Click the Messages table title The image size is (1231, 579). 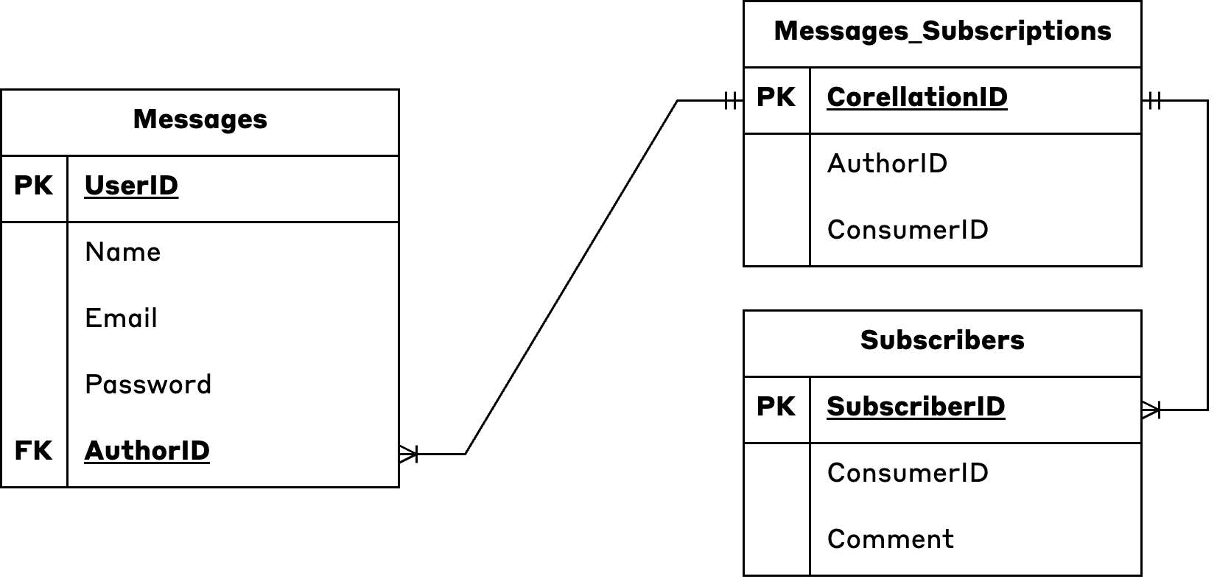pyautogui.click(x=200, y=119)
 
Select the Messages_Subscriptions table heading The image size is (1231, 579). pyautogui.click(x=942, y=31)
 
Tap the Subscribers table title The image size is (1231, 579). pyautogui.click(x=942, y=340)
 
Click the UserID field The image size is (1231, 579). pyautogui.click(x=131, y=186)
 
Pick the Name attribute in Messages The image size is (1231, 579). pyautogui.click(x=122, y=252)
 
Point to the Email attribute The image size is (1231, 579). pyautogui.click(x=121, y=318)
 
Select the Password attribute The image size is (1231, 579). pyautogui.click(x=148, y=385)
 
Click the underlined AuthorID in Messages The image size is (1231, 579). pyautogui.click(x=147, y=451)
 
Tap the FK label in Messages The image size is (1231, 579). pyautogui.click(x=33, y=451)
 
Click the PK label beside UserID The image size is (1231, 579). pyautogui.click(x=33, y=186)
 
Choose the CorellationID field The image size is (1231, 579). pyautogui.click(x=916, y=97)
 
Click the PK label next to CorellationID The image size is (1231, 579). pyautogui.click(x=776, y=97)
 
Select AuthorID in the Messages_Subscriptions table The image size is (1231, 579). pyautogui.click(x=887, y=164)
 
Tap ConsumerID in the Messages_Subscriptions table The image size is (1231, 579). pyautogui.click(x=908, y=230)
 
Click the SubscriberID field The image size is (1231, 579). pyautogui.click(x=915, y=407)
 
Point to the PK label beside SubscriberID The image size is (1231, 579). pyautogui.click(x=776, y=407)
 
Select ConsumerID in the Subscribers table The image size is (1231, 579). pyautogui.click(x=908, y=473)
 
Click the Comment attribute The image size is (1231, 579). pyautogui.click(x=890, y=539)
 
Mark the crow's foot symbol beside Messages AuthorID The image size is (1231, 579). pyautogui.click(x=409, y=454)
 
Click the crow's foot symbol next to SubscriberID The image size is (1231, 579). pyautogui.click(x=1151, y=410)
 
